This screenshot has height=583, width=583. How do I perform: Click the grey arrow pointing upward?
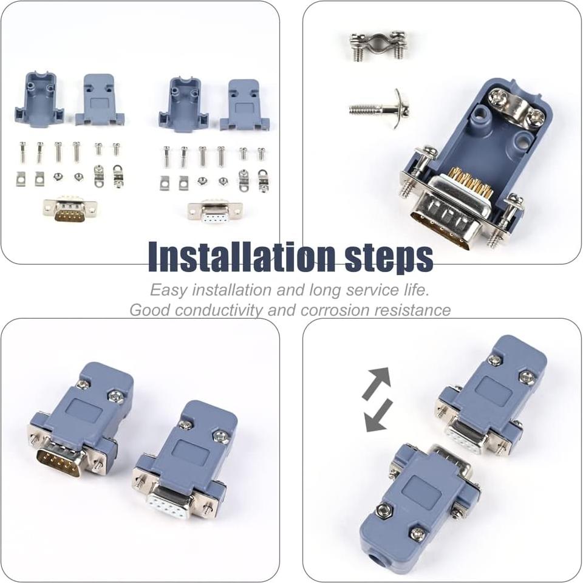click(377, 383)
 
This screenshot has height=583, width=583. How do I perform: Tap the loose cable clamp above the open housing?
click(377, 46)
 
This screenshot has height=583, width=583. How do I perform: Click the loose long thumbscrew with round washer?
click(380, 109)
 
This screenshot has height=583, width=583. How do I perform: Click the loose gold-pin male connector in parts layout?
click(69, 210)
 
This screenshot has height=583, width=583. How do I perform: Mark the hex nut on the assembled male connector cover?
click(115, 397)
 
